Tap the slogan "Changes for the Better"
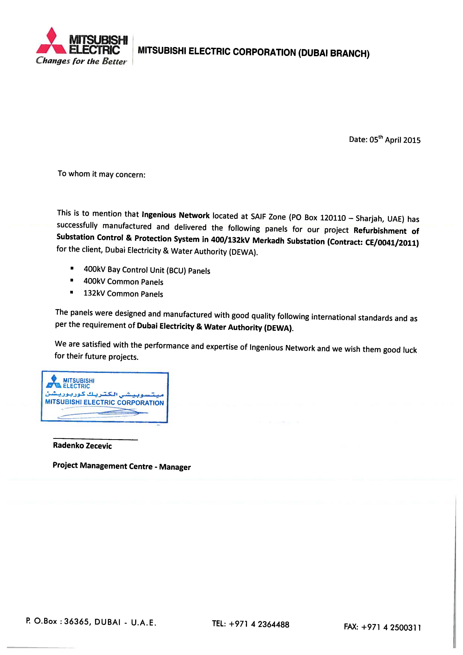click(x=81, y=61)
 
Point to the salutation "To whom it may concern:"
click(x=102, y=174)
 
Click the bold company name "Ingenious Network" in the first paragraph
click(x=176, y=215)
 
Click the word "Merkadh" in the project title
click(x=268, y=240)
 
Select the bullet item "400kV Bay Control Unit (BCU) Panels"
click(x=147, y=270)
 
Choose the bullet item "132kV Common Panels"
click(x=123, y=294)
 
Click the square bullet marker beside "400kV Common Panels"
click(x=72, y=281)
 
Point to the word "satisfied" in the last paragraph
click(x=96, y=345)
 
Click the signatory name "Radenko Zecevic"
click(x=82, y=446)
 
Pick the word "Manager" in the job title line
click(x=175, y=467)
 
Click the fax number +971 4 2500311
click(x=391, y=627)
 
